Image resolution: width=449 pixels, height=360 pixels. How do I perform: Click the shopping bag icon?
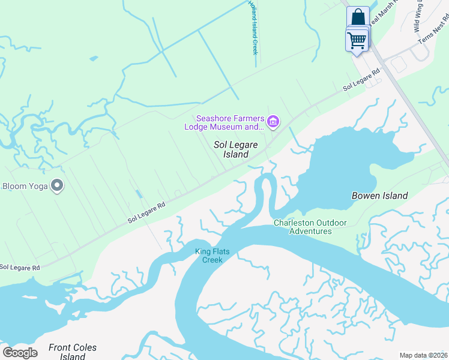tap(358, 16)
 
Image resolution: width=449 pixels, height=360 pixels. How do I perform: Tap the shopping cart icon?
tap(357, 40)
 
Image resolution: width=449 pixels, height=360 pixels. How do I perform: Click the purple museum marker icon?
tap(273, 122)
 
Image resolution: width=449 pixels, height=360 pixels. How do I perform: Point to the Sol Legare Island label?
tap(232, 150)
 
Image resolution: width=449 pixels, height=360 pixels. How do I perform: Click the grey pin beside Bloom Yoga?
tap(57, 186)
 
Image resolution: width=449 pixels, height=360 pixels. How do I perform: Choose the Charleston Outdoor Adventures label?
tap(310, 227)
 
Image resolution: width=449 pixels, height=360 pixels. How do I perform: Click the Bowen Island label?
tap(379, 196)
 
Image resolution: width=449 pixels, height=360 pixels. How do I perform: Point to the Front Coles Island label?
tap(72, 352)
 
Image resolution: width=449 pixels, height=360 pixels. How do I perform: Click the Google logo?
tap(20, 352)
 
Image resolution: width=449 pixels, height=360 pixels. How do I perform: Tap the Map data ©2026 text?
tap(423, 355)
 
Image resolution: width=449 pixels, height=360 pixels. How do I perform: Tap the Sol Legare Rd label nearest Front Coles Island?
tap(20, 267)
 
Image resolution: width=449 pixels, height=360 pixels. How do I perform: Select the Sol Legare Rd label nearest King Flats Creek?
tap(146, 213)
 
